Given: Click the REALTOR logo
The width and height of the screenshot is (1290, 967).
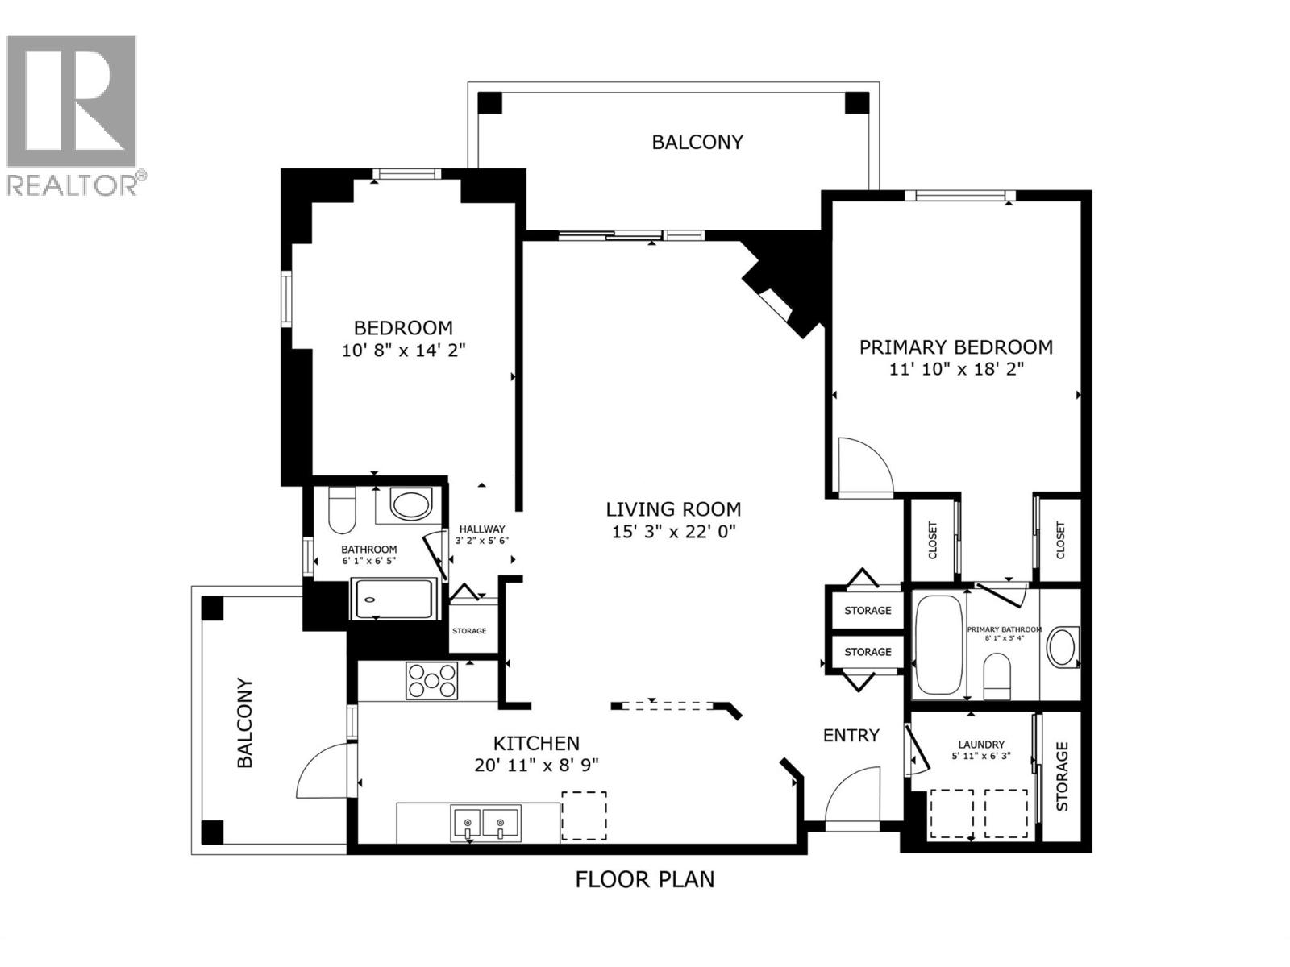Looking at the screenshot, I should click(77, 113).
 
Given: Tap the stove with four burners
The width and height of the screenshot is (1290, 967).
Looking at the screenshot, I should click(431, 680).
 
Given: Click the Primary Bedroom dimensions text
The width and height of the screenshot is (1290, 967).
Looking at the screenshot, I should click(955, 369).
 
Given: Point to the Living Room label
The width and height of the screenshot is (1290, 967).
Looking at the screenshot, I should click(673, 509).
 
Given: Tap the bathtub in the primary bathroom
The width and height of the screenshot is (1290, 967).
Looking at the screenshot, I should click(938, 645).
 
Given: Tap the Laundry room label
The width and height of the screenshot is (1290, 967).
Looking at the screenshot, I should click(981, 745).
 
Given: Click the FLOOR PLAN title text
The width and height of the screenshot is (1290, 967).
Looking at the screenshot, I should click(644, 879).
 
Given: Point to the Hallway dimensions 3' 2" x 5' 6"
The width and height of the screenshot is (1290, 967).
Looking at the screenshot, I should click(482, 541).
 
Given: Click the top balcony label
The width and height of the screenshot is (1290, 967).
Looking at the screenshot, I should click(697, 143).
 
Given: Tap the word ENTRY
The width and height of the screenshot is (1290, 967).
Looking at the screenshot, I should click(851, 735).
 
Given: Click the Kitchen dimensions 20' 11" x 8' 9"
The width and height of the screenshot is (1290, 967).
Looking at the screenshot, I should click(536, 765).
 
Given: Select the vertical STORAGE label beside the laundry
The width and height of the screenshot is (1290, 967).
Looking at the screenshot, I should click(1062, 776).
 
